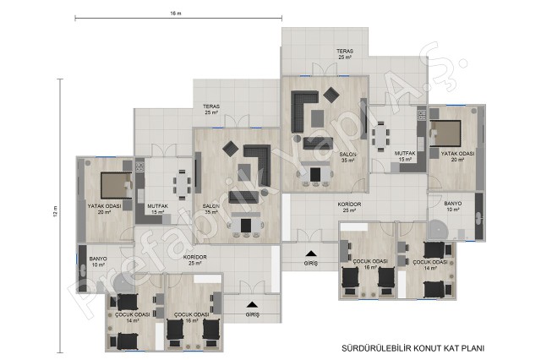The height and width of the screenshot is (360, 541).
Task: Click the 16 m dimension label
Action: [175, 14]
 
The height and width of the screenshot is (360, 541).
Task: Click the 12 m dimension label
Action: [56, 211]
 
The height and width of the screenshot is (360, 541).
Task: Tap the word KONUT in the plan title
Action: [427, 348]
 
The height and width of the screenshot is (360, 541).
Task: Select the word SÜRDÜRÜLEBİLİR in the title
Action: [377, 348]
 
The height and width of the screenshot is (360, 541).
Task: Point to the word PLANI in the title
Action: [473, 348]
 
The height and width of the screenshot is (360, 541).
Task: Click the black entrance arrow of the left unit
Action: [252, 304]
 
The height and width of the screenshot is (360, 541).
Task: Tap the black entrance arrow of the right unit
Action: [311, 254]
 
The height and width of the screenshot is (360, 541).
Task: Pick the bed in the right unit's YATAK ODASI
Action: [445, 134]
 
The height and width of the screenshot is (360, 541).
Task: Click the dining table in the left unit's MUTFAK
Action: [182, 185]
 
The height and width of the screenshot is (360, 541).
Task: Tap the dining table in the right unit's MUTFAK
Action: [380, 137]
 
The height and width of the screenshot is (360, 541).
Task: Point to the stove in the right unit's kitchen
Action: [422, 115]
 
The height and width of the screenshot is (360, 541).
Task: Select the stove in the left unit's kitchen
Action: [139, 167]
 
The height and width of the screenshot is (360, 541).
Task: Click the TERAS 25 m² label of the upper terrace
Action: [345, 54]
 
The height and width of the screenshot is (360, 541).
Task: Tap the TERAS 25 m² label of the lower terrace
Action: [211, 110]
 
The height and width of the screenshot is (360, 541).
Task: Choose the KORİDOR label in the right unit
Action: [349, 205]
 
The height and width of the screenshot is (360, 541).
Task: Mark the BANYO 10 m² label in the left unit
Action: [98, 262]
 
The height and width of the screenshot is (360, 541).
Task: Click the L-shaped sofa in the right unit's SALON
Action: [304, 112]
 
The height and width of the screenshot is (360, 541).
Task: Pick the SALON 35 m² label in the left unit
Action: [210, 209]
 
